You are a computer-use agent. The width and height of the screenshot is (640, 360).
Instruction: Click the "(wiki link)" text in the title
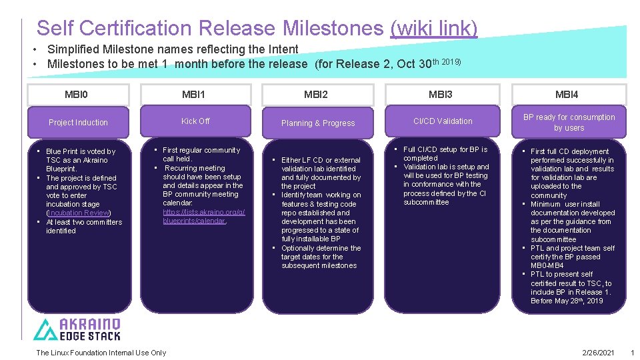[433, 28]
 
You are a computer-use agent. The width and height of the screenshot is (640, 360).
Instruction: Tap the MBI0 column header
[78, 94]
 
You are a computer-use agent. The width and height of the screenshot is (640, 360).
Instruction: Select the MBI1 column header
[194, 94]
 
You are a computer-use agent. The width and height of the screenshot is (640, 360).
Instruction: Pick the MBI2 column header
[316, 94]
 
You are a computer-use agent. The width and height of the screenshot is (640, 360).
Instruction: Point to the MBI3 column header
[441, 94]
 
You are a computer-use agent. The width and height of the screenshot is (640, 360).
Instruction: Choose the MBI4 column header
[567, 94]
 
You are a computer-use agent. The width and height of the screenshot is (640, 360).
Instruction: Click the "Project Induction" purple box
[78, 123]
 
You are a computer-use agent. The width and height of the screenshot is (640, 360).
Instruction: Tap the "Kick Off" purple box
[195, 121]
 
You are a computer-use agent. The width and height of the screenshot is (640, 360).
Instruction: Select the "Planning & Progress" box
[318, 123]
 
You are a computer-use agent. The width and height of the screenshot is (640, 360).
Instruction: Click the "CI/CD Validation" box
[443, 121]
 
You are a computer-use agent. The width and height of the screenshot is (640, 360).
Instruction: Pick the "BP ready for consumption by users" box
[569, 122]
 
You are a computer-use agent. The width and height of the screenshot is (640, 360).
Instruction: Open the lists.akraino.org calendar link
[203, 216]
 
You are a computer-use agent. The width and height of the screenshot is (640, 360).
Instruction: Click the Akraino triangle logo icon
[46, 329]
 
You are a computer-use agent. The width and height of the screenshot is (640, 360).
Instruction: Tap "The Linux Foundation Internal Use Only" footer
[101, 353]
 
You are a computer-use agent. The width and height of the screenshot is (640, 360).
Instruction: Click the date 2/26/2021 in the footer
[597, 353]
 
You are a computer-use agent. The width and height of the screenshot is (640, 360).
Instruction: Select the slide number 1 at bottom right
[632, 353]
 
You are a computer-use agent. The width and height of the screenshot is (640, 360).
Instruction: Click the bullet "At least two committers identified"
[83, 226]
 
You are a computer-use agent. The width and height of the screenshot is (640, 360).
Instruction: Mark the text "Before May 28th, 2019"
[566, 301]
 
